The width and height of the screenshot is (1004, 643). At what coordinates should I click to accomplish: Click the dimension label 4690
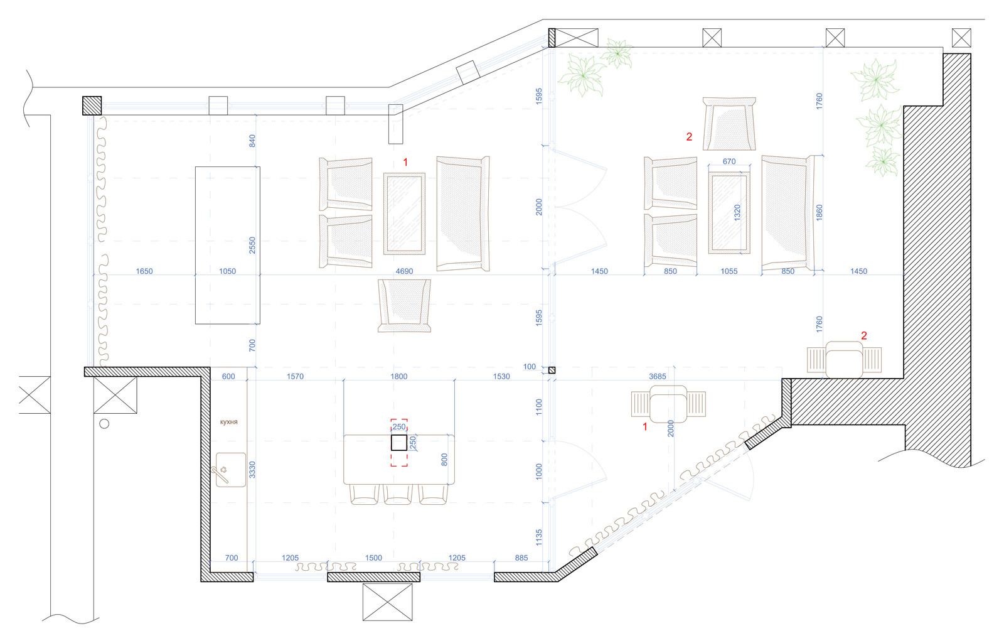pyautogui.click(x=404, y=271)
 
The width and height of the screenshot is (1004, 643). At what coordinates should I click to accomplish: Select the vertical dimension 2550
pyautogui.click(x=252, y=246)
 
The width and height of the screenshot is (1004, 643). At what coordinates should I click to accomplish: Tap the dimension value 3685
pyautogui.click(x=658, y=377)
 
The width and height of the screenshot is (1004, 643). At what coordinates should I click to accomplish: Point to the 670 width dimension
pyautogui.click(x=729, y=161)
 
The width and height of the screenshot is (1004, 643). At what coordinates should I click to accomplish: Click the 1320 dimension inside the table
pyautogui.click(x=737, y=212)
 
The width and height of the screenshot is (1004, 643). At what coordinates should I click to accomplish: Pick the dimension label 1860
pyautogui.click(x=820, y=212)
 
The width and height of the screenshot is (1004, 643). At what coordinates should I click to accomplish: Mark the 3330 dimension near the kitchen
pyautogui.click(x=252, y=470)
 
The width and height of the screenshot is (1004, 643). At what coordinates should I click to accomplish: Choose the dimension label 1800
pyautogui.click(x=399, y=377)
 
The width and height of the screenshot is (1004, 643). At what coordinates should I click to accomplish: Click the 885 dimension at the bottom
pyautogui.click(x=521, y=558)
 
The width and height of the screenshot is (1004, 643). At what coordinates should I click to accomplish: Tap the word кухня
pyautogui.click(x=228, y=422)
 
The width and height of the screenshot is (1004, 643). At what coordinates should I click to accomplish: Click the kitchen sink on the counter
pyautogui.click(x=230, y=470)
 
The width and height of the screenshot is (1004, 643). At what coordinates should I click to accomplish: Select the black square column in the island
pyautogui.click(x=399, y=443)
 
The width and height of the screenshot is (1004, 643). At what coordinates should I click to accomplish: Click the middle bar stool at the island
pyautogui.click(x=398, y=494)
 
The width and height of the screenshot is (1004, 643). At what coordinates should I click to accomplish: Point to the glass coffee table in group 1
pyautogui.click(x=404, y=214)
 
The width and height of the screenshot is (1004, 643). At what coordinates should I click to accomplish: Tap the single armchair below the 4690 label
pyautogui.click(x=404, y=306)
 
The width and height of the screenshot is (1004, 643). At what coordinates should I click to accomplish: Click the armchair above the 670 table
pyautogui.click(x=729, y=124)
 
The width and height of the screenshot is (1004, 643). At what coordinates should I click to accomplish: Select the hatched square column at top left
pyautogui.click(x=92, y=106)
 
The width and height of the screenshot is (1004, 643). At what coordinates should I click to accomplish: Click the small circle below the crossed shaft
pyautogui.click(x=104, y=424)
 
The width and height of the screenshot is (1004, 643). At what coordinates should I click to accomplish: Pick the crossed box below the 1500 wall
pyautogui.click(x=387, y=602)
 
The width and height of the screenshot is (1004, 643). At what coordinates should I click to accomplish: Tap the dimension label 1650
pyautogui.click(x=144, y=271)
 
